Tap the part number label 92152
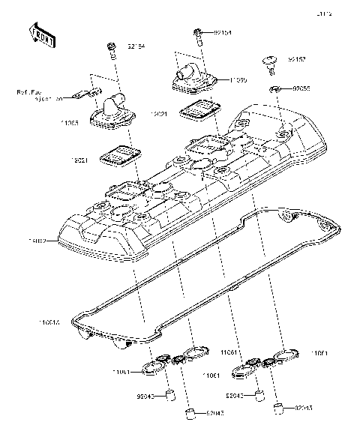click(297, 58)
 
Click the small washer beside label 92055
click(276, 90)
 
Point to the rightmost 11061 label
click(319, 352)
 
